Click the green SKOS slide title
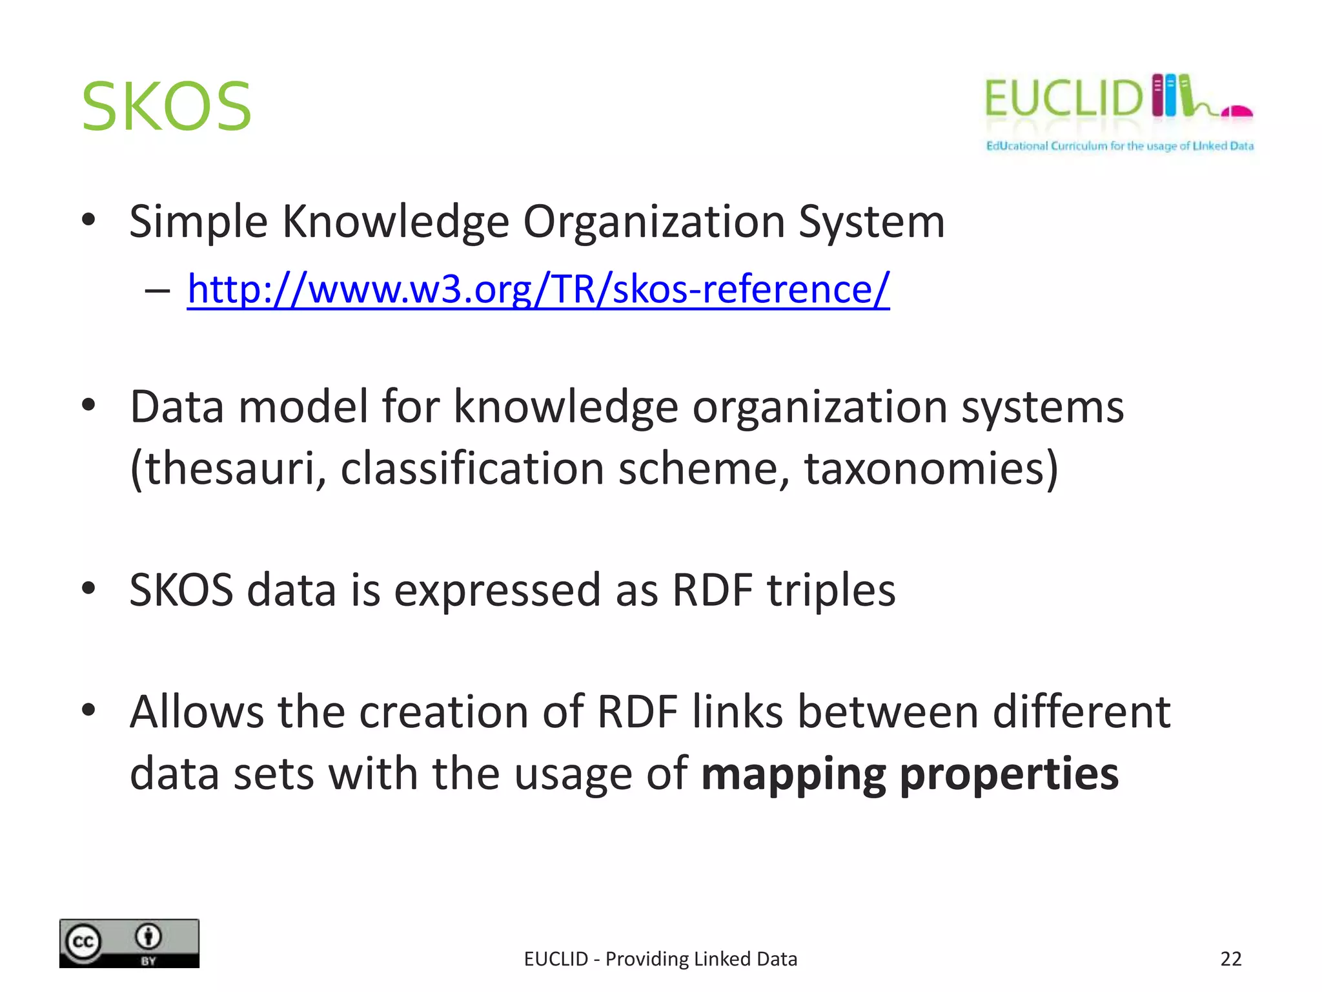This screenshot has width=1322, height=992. [167, 107]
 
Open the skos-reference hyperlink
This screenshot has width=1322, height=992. [538, 289]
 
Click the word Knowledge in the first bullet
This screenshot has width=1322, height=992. [396, 222]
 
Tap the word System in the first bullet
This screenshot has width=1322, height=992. [871, 222]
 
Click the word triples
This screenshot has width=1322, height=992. [831, 590]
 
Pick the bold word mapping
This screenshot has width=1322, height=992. [793, 774]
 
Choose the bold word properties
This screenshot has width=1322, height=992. [1009, 774]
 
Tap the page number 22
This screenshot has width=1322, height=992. [1230, 959]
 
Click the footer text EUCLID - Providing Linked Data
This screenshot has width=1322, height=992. [660, 959]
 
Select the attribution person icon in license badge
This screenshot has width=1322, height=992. [148, 936]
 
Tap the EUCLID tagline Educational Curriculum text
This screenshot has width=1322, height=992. [1119, 146]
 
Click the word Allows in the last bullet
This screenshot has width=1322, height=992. [196, 712]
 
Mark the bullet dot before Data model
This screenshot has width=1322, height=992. [89, 406]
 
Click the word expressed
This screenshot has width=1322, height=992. [497, 590]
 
